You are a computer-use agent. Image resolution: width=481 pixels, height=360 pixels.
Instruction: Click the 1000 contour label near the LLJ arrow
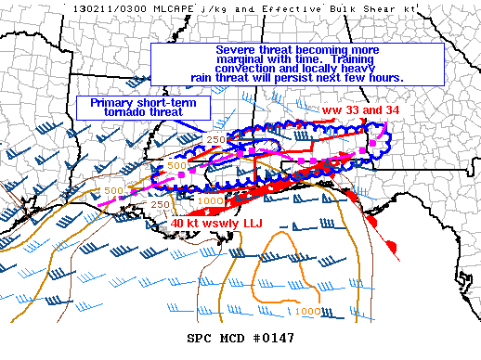tap(211, 200)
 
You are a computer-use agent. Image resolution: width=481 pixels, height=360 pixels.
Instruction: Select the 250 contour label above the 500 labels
tap(216, 139)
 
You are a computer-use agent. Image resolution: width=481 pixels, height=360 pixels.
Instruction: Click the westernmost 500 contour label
tap(113, 190)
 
